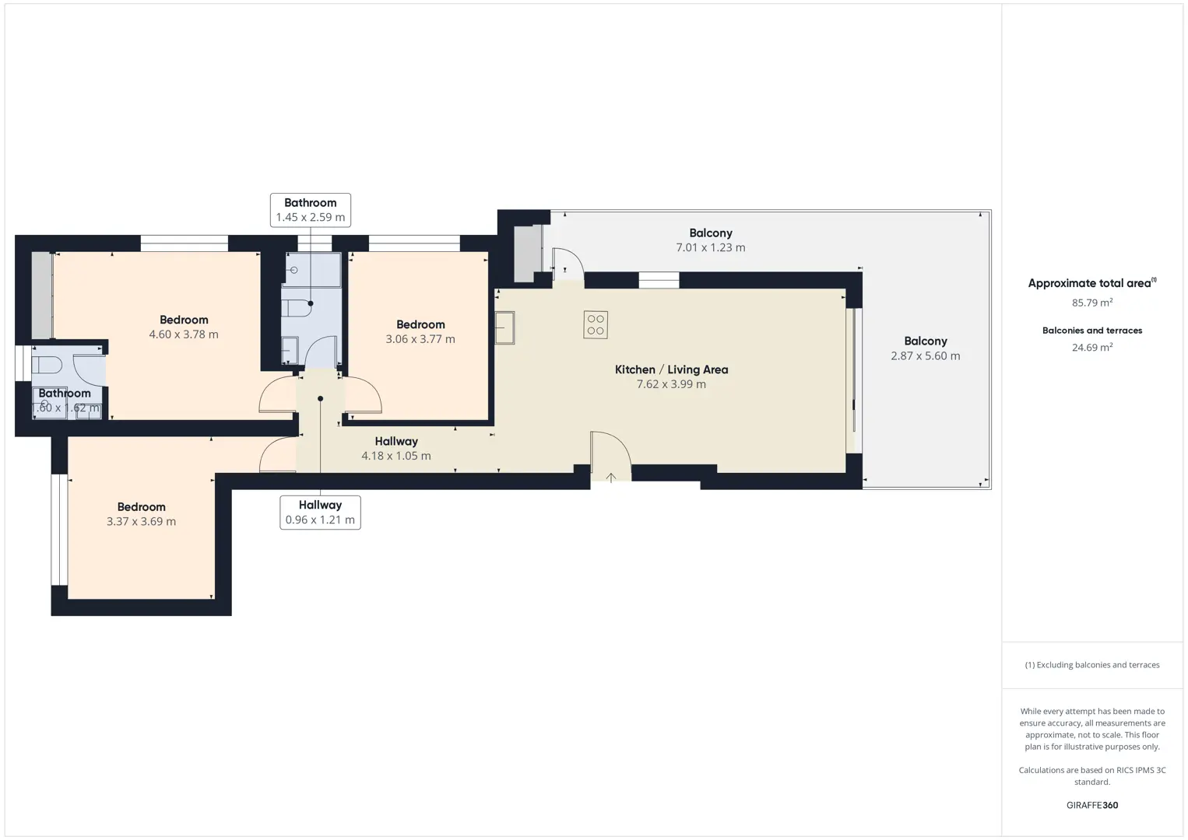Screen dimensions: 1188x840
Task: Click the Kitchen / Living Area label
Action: [671, 369]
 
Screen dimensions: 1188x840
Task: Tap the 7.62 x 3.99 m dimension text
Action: [671, 384]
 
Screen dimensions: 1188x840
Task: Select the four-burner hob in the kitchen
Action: [595, 324]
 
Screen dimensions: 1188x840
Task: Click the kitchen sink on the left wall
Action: [504, 328]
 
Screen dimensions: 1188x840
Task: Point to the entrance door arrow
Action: [610, 478]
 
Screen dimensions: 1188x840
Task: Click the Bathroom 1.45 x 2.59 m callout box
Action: [311, 211]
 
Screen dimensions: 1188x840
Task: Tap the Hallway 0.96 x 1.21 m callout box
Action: [320, 513]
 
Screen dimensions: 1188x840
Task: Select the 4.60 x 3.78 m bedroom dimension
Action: [184, 334]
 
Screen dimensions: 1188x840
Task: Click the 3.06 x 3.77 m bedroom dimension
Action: [420, 339]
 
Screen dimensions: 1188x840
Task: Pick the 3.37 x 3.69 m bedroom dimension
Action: [141, 521]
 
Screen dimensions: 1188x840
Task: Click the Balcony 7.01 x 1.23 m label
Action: [711, 240]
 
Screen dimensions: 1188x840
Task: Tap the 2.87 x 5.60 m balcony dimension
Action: [926, 356]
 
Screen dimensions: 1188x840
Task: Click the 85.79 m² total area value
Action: [1092, 303]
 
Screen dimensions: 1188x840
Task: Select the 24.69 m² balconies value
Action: [1092, 347]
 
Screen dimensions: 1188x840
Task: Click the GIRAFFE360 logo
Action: [1092, 805]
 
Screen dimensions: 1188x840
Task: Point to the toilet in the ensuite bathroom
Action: [47, 365]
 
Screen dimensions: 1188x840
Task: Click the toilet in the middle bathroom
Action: [296, 308]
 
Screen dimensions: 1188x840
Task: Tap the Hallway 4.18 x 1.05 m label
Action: [396, 448]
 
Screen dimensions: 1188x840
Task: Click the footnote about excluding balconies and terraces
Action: [1092, 664]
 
